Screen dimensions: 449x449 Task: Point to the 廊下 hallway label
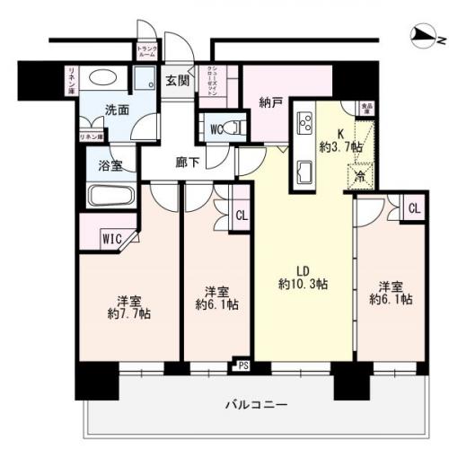tap(189, 164)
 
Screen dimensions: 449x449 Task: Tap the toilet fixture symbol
tap(235, 127)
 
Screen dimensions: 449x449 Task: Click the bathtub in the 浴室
tap(110, 196)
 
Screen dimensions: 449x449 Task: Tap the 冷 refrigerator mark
tap(360, 177)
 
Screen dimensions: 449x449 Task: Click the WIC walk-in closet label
tap(111, 239)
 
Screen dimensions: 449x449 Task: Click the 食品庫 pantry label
tap(367, 107)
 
